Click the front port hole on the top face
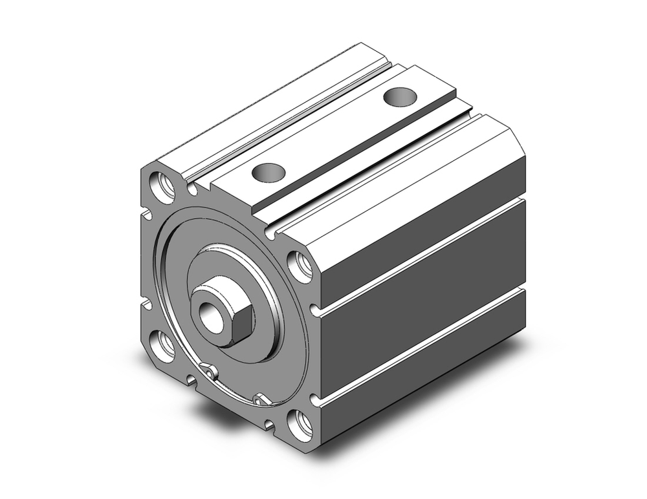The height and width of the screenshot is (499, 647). coord(268,173)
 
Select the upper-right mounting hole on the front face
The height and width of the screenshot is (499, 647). coord(300,265)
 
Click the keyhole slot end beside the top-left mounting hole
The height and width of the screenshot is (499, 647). coord(192,189)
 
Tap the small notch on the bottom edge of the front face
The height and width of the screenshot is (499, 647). coord(192,379)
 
